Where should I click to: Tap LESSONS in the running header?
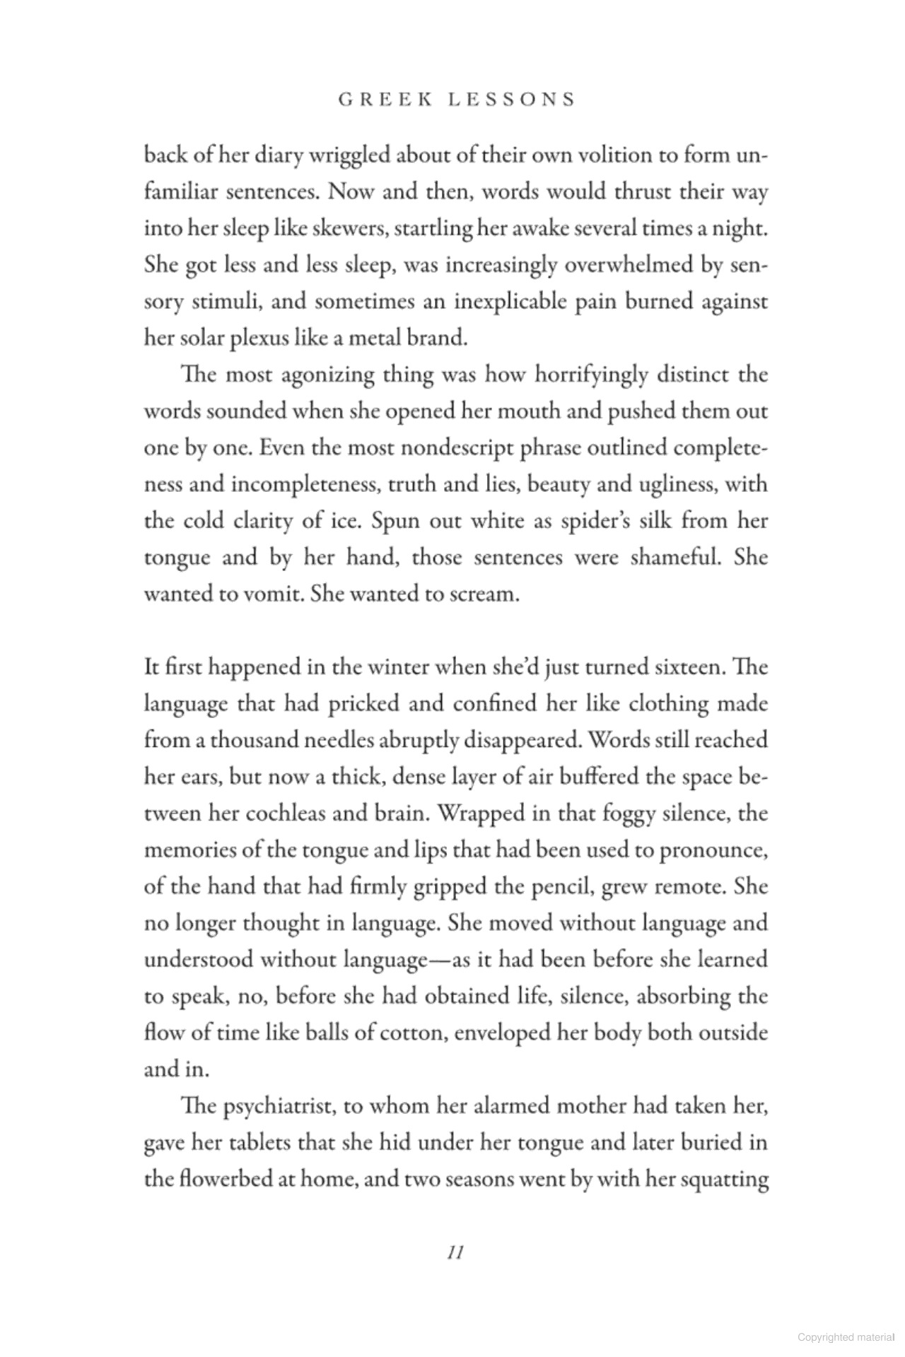[x=512, y=100]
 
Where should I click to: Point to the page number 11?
[x=455, y=1252]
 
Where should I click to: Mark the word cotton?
[x=412, y=1033]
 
